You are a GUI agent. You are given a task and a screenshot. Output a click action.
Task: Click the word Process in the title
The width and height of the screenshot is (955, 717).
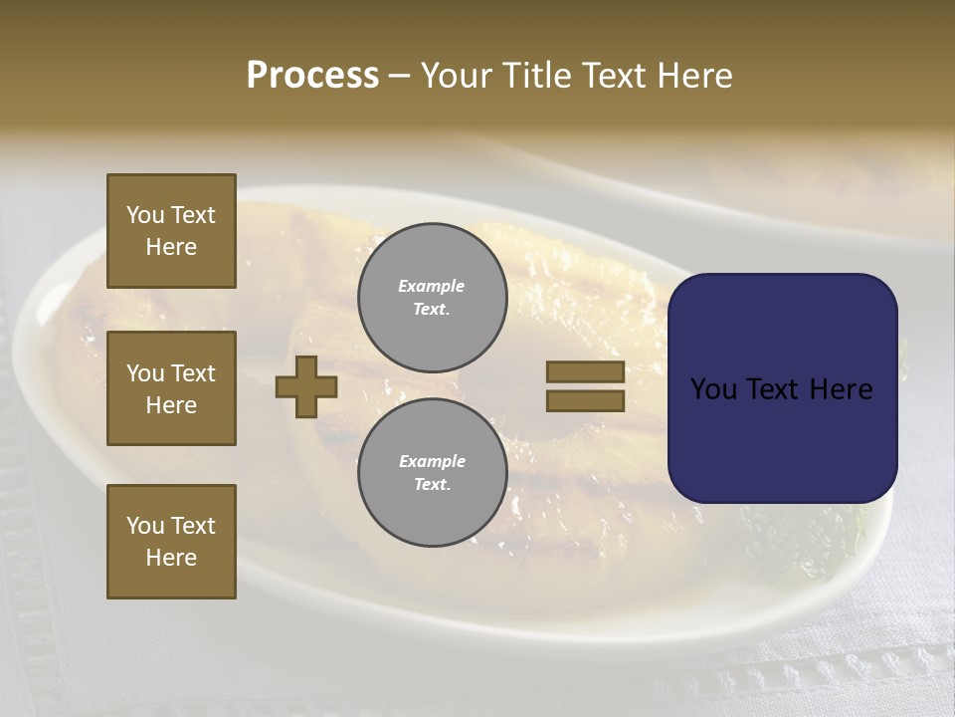[312, 76]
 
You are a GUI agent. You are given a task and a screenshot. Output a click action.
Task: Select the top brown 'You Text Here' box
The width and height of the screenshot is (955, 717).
[171, 231]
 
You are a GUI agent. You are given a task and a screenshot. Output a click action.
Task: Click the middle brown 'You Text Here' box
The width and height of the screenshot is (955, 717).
[171, 388]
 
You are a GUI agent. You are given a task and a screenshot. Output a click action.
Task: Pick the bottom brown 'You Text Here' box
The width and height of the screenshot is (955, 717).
[171, 542]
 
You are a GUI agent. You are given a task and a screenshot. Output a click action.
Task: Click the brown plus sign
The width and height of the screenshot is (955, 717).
[306, 386]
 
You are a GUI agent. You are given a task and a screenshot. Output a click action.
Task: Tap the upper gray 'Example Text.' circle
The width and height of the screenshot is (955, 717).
[432, 297]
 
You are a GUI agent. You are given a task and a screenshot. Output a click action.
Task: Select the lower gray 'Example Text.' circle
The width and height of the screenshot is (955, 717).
[432, 472]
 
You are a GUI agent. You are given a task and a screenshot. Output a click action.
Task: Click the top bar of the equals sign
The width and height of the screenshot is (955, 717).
[585, 371]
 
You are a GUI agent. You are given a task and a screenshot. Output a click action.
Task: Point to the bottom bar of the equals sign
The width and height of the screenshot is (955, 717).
[585, 401]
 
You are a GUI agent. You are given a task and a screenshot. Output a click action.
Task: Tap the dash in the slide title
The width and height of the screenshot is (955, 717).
[399, 77]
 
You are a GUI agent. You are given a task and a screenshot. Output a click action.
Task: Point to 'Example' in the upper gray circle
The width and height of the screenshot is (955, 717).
[432, 286]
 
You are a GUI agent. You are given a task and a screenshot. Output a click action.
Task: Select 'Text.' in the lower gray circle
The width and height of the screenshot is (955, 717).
[432, 485]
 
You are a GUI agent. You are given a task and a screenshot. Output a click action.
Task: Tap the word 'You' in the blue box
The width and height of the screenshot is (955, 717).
[715, 389]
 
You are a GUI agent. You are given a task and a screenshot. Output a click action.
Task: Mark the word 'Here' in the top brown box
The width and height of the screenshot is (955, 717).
[171, 247]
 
